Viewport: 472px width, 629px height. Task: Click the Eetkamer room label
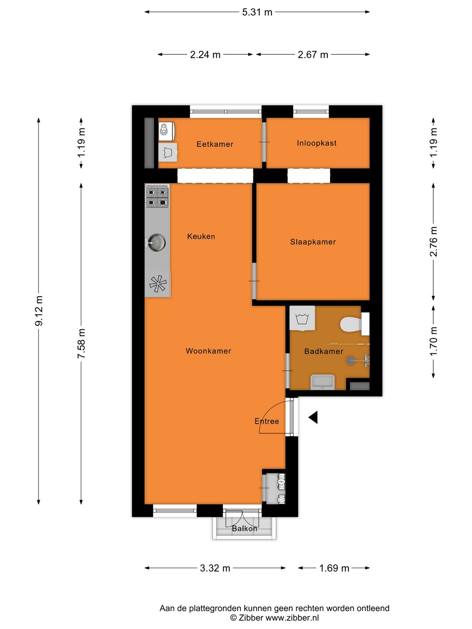pyautogui.click(x=215, y=144)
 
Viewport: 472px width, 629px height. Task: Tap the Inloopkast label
pyautogui.click(x=316, y=143)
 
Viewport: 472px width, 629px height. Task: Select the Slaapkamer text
pyautogui.click(x=313, y=242)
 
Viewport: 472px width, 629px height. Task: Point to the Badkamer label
pyautogui.click(x=323, y=351)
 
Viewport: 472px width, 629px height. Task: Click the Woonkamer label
pyautogui.click(x=208, y=351)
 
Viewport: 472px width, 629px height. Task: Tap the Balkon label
pyautogui.click(x=244, y=529)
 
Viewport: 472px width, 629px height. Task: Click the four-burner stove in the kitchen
pyautogui.click(x=157, y=196)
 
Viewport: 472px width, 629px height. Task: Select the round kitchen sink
pyautogui.click(x=156, y=242)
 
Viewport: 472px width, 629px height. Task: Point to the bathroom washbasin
pyautogui.click(x=323, y=382)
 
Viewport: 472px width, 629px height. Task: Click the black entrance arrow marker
pyautogui.click(x=313, y=418)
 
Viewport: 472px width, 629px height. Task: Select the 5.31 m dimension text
pyautogui.click(x=257, y=12)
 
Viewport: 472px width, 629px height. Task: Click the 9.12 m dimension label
pyautogui.click(x=39, y=310)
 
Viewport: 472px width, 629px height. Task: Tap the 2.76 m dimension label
pyautogui.click(x=433, y=241)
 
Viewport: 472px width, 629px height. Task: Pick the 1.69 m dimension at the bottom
pyautogui.click(x=334, y=568)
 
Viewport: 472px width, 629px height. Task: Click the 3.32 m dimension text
pyautogui.click(x=215, y=568)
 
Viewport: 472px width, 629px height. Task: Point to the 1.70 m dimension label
pyautogui.click(x=433, y=341)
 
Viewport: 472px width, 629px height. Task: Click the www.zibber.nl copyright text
pyautogui.click(x=274, y=618)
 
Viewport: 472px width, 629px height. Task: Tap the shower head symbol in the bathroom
pyautogui.click(x=351, y=360)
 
